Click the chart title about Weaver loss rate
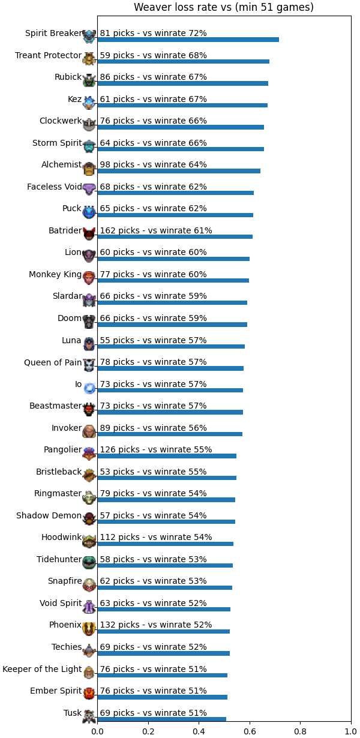click(224, 7)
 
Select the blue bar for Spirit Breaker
click(188, 40)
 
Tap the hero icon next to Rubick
click(89, 80)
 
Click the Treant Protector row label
click(48, 55)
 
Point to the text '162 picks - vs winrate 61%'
click(156, 230)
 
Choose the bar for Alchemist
click(179, 171)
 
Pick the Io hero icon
click(89, 388)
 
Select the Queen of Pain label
click(53, 362)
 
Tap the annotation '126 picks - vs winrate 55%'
click(156, 449)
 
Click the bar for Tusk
click(162, 719)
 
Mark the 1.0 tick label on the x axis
click(351, 731)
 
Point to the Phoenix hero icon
click(89, 628)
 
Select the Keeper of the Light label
click(42, 669)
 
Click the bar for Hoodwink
click(166, 544)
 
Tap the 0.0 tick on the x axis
click(97, 731)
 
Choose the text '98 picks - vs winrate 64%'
click(153, 164)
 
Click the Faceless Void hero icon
click(89, 190)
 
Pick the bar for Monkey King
click(173, 280)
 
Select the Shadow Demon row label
click(49, 515)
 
